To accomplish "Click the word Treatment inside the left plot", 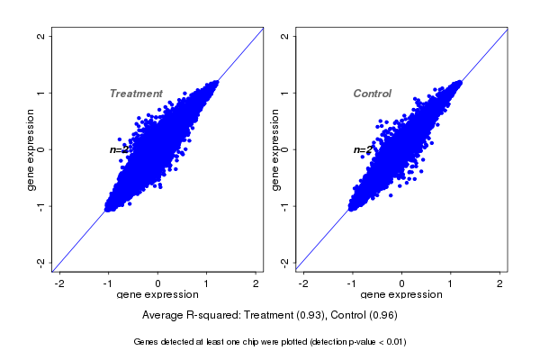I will tap(136, 94).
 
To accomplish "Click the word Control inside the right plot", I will tap(372, 94).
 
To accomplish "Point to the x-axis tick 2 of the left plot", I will tap(256, 283).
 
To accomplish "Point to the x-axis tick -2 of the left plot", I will tap(59, 283).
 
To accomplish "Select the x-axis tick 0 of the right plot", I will tap(401, 283).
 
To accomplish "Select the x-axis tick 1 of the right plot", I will tap(451, 283).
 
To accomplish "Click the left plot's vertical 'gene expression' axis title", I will tap(31, 149).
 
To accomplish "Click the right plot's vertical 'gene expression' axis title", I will tap(274, 149).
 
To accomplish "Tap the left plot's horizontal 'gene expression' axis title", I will tap(157, 295).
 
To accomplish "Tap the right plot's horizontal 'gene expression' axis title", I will tap(401, 295).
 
